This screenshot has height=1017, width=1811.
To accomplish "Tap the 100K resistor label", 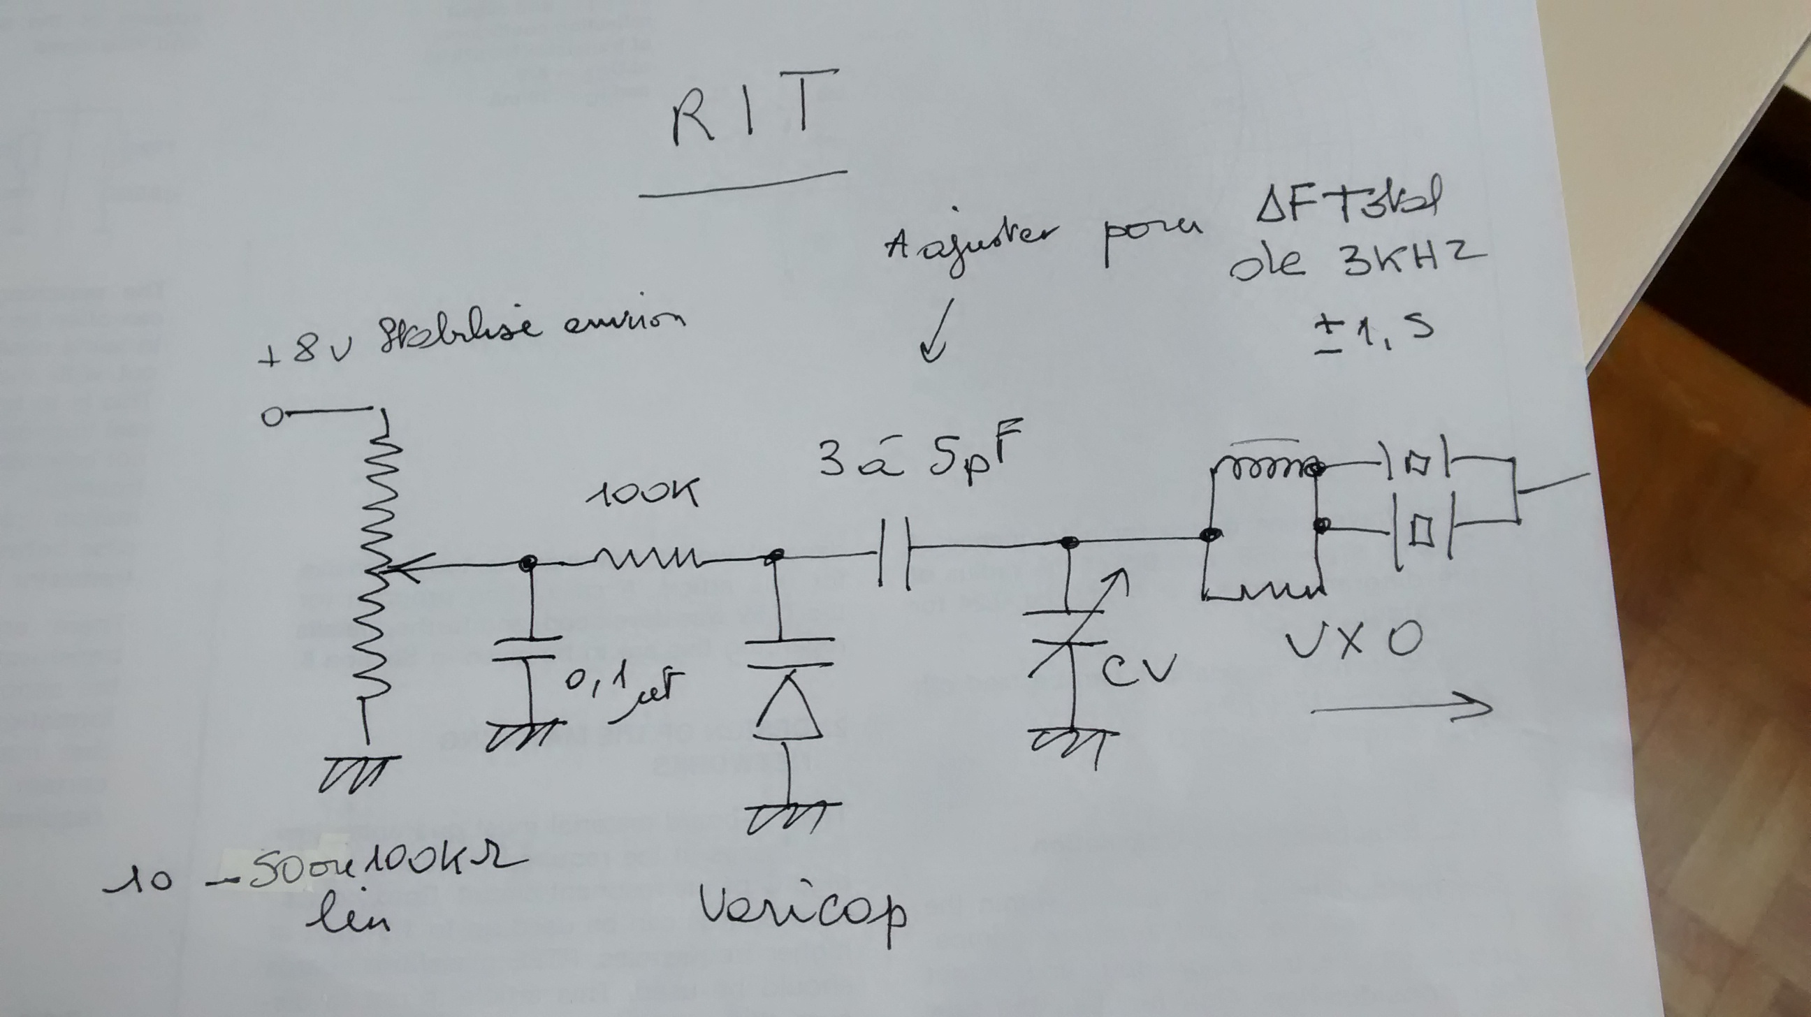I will coord(643,492).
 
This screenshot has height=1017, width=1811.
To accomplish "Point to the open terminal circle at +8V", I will coord(270,418).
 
